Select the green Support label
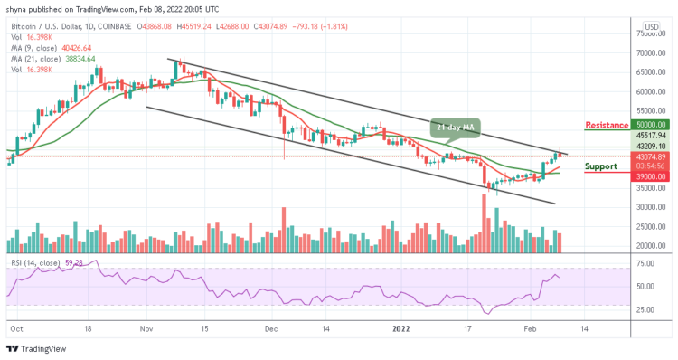[x=602, y=166]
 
